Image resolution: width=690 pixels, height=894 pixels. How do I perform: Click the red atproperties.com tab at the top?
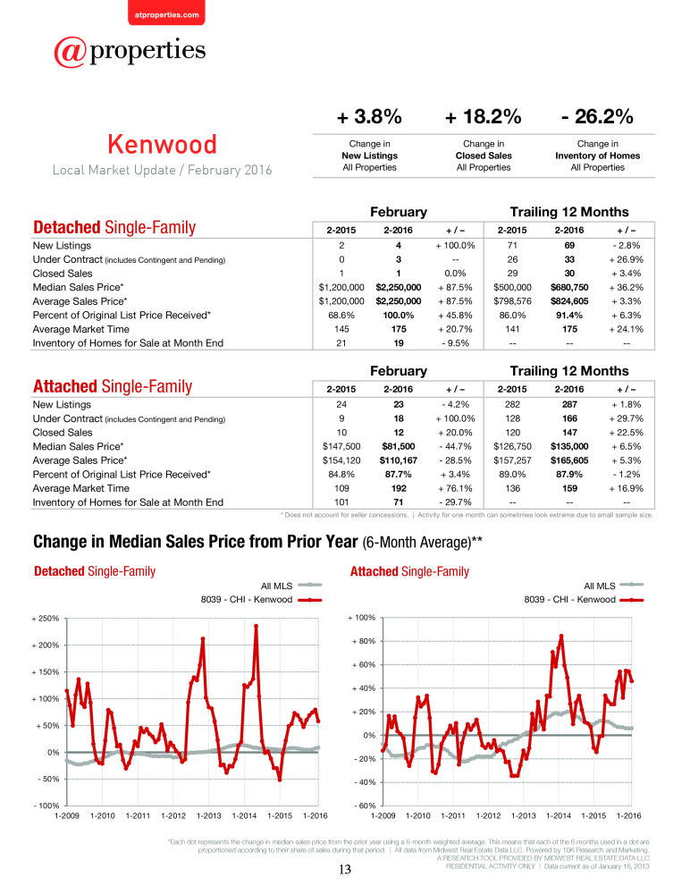tap(166, 13)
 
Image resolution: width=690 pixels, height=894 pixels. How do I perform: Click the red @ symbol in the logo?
tap(70, 53)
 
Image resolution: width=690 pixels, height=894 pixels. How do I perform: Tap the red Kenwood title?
tap(163, 144)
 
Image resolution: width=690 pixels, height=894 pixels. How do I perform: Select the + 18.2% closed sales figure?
tap(483, 116)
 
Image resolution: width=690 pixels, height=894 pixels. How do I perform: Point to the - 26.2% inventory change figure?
tap(597, 116)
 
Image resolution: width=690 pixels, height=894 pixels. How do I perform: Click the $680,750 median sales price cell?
tap(569, 287)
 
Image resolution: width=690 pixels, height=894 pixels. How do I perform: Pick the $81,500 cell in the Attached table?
tap(398, 446)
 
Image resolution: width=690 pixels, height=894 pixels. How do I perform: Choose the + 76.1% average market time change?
tap(455, 489)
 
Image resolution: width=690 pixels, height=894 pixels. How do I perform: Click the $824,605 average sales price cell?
tap(569, 301)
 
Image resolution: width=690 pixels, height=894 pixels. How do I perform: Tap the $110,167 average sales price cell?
tap(398, 460)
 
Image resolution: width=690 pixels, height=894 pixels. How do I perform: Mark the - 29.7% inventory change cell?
tap(456, 502)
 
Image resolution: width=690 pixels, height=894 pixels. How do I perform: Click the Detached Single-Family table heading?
tap(114, 227)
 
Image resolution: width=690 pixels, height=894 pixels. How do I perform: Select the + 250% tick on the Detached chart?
tap(45, 619)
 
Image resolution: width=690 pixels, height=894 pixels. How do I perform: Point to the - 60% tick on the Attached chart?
tap(365, 805)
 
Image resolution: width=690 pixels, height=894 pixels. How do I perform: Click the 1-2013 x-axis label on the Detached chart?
tap(209, 816)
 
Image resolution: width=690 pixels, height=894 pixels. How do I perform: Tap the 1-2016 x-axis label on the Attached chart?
tap(628, 816)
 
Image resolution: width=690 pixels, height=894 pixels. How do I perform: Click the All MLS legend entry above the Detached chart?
tap(290, 586)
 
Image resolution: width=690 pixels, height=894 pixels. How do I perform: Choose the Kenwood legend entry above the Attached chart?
tap(584, 600)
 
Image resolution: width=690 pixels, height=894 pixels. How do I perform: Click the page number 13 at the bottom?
tap(345, 870)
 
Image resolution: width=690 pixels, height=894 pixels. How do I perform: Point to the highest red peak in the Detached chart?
tap(256, 626)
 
